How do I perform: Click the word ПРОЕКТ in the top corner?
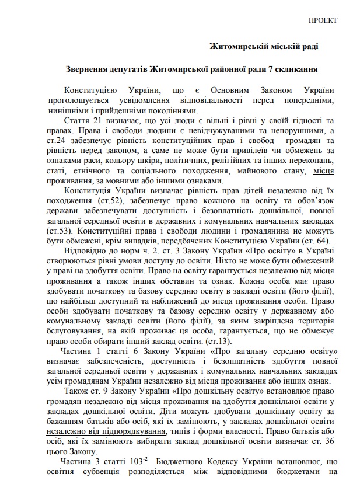pyautogui.click(x=323, y=20)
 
